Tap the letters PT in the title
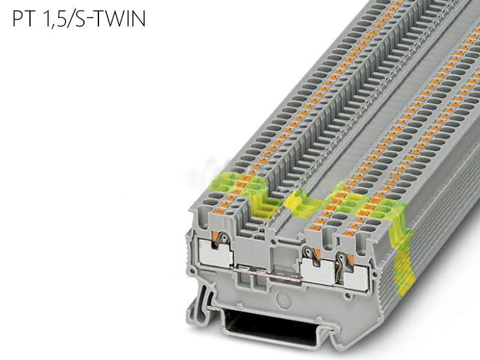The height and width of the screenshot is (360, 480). (x=23, y=19)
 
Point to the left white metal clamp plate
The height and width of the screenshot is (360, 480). (x=216, y=253)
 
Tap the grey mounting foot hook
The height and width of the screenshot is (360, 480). (x=199, y=302)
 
